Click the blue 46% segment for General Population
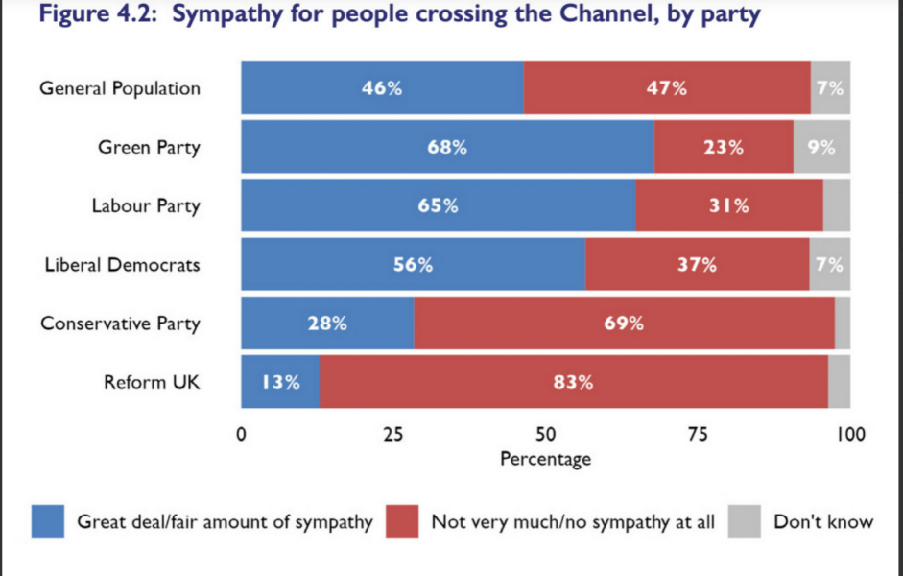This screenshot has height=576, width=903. click(382, 88)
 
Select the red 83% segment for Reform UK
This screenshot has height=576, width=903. click(573, 382)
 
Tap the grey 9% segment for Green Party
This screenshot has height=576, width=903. click(821, 147)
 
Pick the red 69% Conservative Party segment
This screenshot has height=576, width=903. click(624, 324)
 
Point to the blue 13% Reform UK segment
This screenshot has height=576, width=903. click(280, 382)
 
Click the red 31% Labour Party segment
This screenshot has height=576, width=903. click(728, 205)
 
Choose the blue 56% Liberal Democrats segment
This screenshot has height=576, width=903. click(413, 265)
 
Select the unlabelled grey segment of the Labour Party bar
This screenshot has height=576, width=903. click(836, 205)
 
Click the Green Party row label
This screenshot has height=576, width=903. click(149, 148)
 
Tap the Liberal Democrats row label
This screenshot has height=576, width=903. click(122, 265)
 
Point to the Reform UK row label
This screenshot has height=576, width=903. click(152, 382)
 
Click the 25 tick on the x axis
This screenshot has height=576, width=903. click(392, 434)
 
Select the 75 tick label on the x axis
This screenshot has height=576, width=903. click(698, 434)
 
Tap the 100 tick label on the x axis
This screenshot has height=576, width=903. click(849, 434)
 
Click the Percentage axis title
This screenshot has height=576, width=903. click(545, 459)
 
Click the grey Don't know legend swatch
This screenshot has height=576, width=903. click(745, 522)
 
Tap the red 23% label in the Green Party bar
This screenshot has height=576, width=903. click(723, 148)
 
